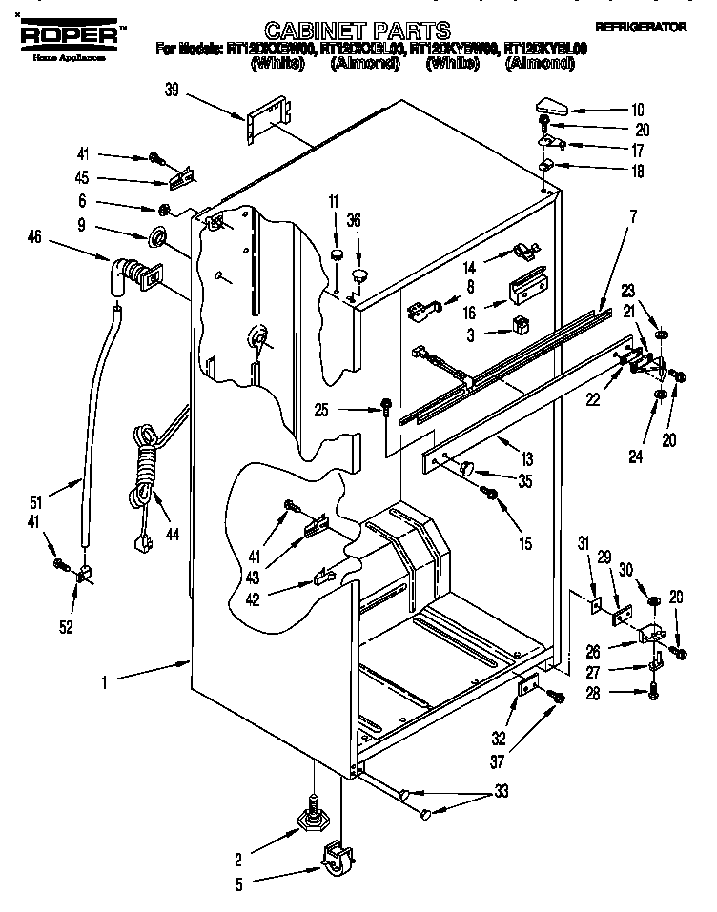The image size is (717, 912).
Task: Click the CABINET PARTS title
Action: pos(357,30)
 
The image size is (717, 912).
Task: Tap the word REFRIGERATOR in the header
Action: pos(640,28)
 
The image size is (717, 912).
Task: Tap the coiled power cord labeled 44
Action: pos(143,467)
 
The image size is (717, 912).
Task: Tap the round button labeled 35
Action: pos(467,466)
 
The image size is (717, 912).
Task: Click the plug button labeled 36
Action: pos(359,275)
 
